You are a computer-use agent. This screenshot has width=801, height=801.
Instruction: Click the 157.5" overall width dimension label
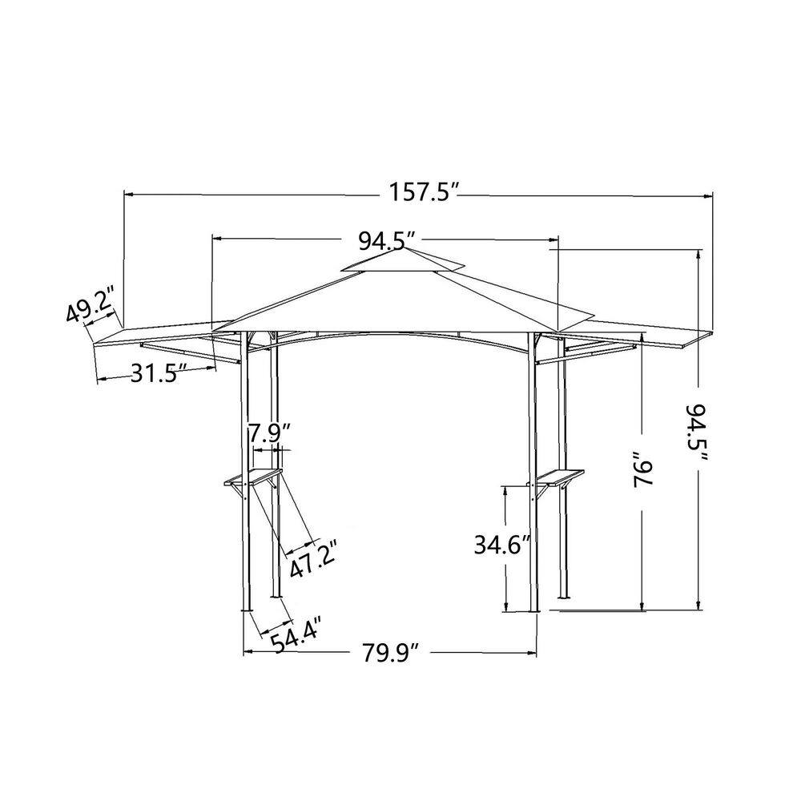point(422,194)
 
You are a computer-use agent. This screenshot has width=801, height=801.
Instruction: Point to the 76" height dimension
point(643,471)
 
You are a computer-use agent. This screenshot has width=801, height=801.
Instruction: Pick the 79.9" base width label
point(391,653)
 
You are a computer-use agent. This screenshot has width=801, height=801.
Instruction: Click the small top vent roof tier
point(405,262)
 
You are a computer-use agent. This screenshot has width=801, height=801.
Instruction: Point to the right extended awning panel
point(641,330)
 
